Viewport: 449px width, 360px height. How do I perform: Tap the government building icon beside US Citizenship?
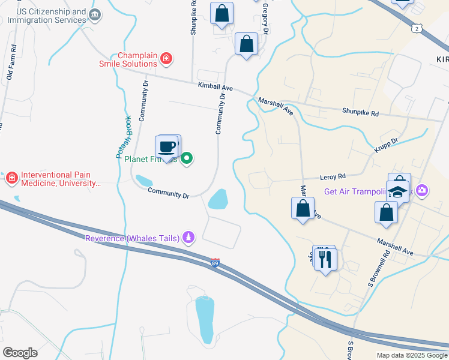(95, 14)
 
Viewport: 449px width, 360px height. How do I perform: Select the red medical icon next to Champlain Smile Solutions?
(166, 59)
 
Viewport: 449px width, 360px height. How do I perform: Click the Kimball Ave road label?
(215, 86)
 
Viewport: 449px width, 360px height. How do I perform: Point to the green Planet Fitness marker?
(187, 159)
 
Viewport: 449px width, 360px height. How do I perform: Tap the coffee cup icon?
(167, 146)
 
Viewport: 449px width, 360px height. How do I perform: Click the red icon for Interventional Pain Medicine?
(11, 178)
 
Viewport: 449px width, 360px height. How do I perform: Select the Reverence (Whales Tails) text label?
(132, 238)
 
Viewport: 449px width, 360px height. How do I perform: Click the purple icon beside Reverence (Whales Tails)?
(189, 238)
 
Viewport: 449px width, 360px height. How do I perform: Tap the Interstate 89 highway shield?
(215, 262)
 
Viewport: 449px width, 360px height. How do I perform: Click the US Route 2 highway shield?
(417, 28)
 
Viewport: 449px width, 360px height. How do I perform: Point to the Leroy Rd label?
(334, 177)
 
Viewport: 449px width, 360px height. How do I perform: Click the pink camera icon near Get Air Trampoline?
(422, 191)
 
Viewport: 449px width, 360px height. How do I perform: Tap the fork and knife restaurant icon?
(325, 259)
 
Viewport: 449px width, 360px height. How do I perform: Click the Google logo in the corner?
(20, 353)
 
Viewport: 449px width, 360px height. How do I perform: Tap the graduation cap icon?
(397, 192)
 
